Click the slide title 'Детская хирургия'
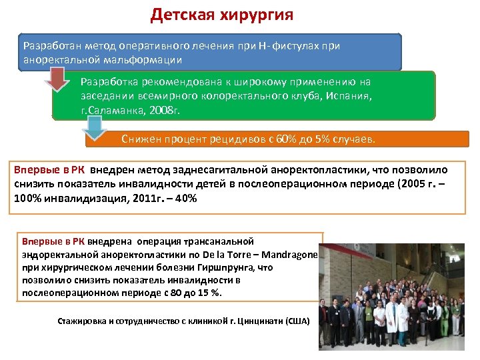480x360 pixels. pos(221,15)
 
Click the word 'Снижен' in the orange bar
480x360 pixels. pos(141,139)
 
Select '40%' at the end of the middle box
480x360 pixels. pos(184,198)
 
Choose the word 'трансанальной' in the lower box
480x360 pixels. pos(221,241)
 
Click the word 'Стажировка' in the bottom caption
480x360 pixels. pos(82,321)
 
